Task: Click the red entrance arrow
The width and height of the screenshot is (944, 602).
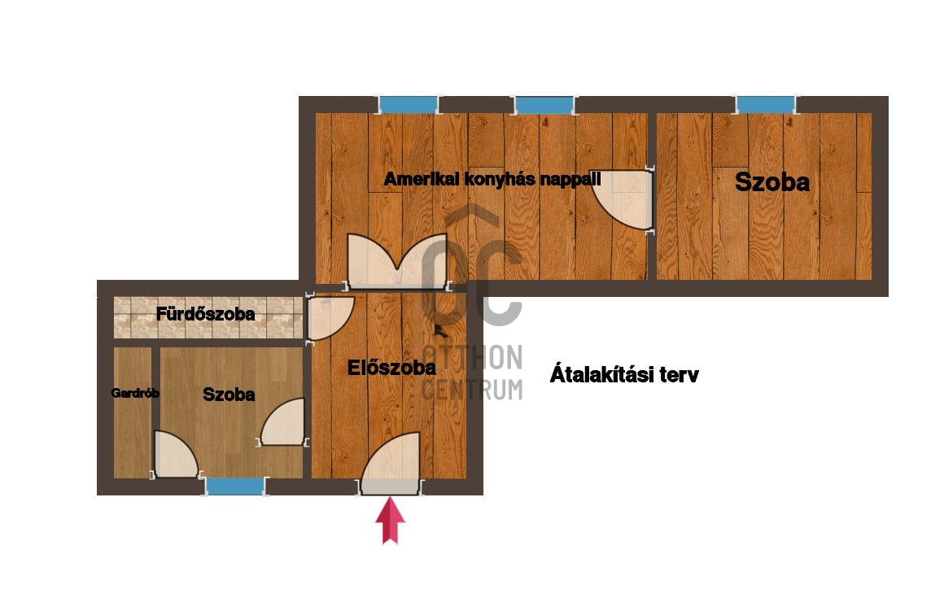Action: click(x=390, y=520)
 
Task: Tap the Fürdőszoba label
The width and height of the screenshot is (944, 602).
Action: click(x=205, y=314)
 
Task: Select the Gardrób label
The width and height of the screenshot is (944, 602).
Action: click(x=135, y=393)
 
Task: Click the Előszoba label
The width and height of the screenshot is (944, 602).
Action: click(x=391, y=367)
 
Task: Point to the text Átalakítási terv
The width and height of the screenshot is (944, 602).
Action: click(x=624, y=374)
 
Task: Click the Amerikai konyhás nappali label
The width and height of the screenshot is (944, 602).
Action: click(x=492, y=179)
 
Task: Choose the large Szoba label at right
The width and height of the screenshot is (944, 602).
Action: click(x=771, y=181)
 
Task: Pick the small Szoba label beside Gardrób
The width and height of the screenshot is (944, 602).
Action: click(x=229, y=395)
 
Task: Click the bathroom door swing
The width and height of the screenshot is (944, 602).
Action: click(x=328, y=318)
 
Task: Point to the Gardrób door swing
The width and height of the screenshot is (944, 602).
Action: click(x=175, y=455)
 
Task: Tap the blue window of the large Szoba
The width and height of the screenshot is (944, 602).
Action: click(x=765, y=105)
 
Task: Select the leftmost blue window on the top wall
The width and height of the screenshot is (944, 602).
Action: click(x=409, y=105)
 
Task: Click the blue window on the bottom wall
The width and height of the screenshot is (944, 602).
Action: click(x=235, y=486)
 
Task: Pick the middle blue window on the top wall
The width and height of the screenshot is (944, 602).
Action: click(x=544, y=105)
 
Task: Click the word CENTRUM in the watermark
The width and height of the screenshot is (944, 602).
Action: click(x=472, y=390)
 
